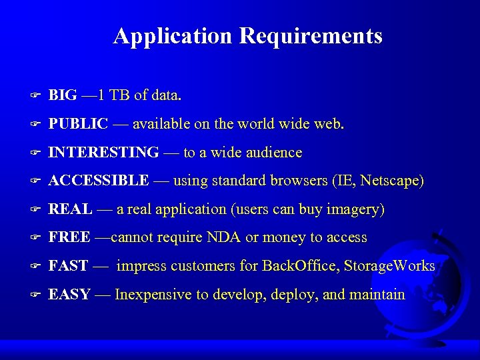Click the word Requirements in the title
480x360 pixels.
pyautogui.click(x=311, y=36)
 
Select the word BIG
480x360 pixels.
pyautogui.click(x=63, y=95)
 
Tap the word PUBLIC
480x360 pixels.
pyautogui.click(x=79, y=124)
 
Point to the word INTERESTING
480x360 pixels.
pyautogui.click(x=104, y=153)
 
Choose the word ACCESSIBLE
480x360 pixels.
pyautogui.click(x=99, y=181)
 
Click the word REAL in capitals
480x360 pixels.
pyautogui.click(x=71, y=209)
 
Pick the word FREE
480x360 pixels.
pyautogui.click(x=70, y=237)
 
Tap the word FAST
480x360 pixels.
pyautogui.click(x=69, y=266)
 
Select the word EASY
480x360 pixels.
pyautogui.click(x=69, y=294)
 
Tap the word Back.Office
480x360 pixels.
pyautogui.click(x=299, y=266)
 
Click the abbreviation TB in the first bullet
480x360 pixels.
pyautogui.click(x=119, y=95)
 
